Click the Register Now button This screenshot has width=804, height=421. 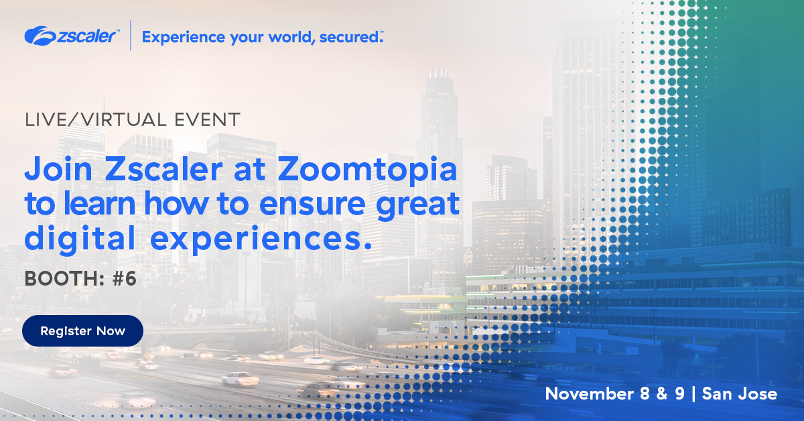click(82, 330)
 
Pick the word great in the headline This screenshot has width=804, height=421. click(422, 204)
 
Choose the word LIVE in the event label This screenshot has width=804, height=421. click(44, 120)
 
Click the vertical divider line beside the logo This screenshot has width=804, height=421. click(130, 36)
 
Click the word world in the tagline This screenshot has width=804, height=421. click(291, 37)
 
